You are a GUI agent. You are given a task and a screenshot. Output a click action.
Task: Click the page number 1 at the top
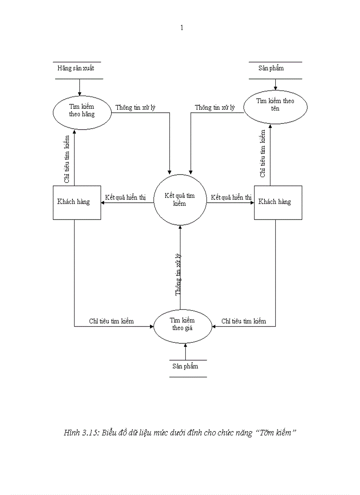182,28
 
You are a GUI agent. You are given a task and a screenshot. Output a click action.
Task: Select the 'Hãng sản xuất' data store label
76,68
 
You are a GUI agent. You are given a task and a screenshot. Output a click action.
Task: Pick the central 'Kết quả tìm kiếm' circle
180,200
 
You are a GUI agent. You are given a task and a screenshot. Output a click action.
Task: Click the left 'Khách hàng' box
77,202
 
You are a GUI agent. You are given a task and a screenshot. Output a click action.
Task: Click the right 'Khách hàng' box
278,202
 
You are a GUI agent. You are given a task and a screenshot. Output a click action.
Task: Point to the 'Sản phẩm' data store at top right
271,68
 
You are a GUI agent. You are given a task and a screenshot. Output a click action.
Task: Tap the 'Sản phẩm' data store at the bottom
185,366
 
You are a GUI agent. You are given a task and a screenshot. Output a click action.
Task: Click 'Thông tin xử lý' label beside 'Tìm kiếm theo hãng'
135,108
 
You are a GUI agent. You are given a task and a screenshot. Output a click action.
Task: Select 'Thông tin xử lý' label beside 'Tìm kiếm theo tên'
215,108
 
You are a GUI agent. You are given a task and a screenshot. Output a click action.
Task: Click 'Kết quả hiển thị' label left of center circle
125,197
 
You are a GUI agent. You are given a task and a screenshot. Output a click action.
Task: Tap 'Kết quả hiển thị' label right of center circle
231,197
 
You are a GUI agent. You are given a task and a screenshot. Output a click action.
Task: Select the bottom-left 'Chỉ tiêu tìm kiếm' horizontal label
111,321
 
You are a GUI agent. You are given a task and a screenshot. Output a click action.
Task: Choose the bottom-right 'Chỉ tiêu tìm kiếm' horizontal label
244,321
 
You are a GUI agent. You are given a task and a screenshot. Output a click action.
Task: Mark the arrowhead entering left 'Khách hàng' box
103,203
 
